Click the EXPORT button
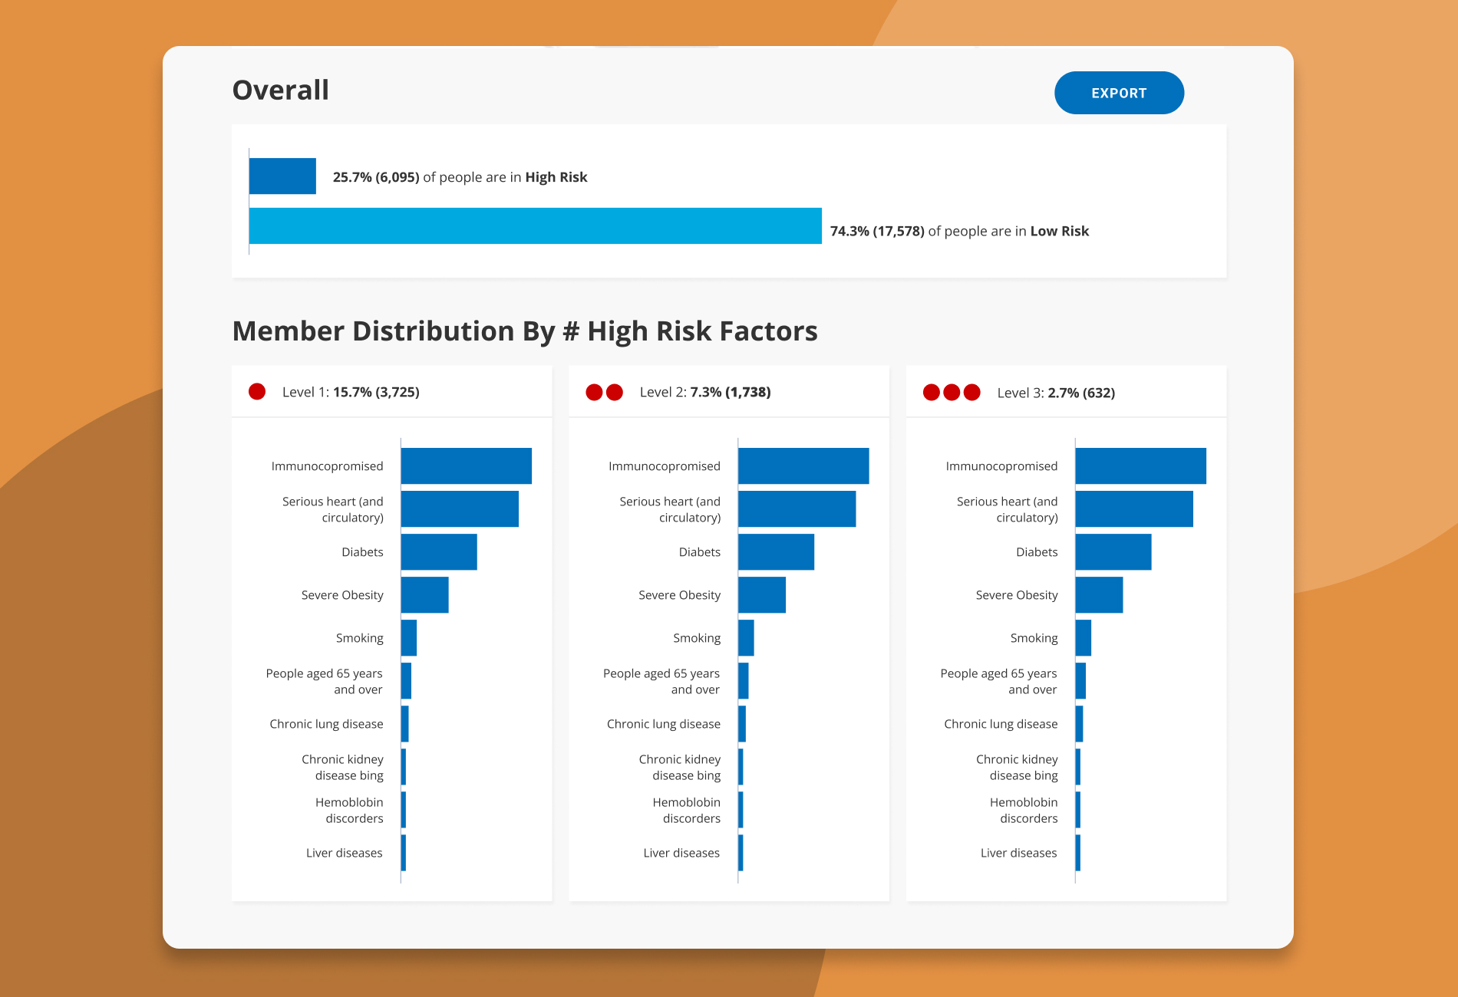[1119, 93]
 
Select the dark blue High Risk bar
[282, 176]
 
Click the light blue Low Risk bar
[536, 225]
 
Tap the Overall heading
[281, 90]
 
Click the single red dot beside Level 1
[257, 392]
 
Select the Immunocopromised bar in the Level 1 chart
[467, 466]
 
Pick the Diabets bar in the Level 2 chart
[776, 551]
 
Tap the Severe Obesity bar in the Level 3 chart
[1099, 594]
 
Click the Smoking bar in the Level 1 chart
[409, 637]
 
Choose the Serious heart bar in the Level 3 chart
[1134, 508]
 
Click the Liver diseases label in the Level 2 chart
[681, 853]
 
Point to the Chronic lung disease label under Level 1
[326, 724]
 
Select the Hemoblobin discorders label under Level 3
[1024, 810]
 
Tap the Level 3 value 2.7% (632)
[1081, 393]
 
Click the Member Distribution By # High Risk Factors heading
[525, 331]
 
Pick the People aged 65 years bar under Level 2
[744, 680]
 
